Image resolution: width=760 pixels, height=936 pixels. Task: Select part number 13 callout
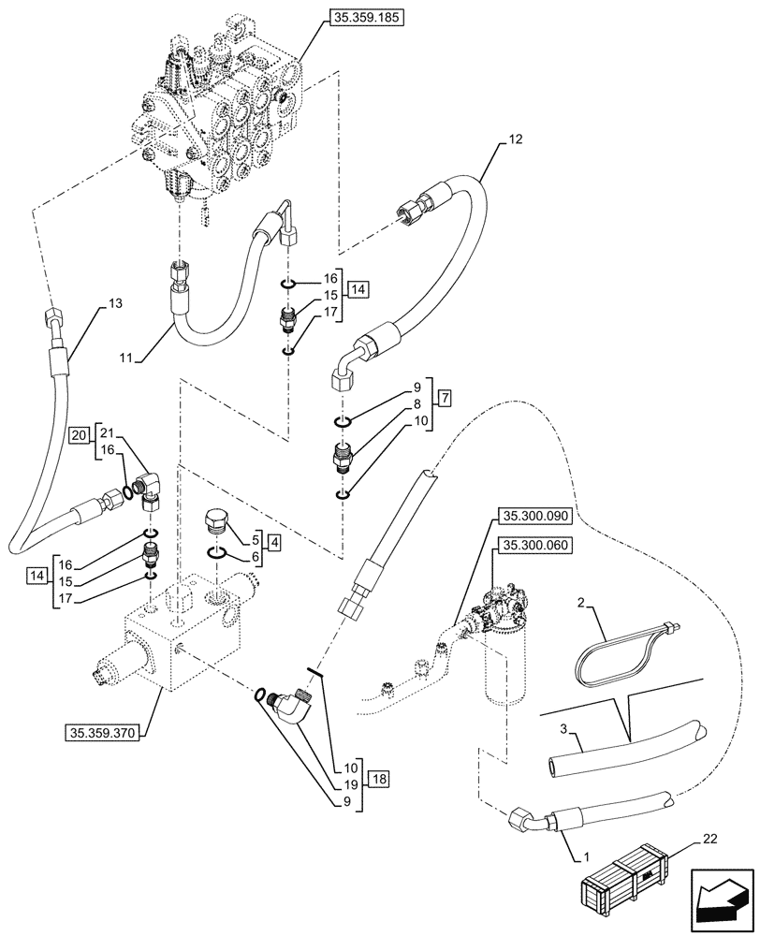click(x=114, y=303)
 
